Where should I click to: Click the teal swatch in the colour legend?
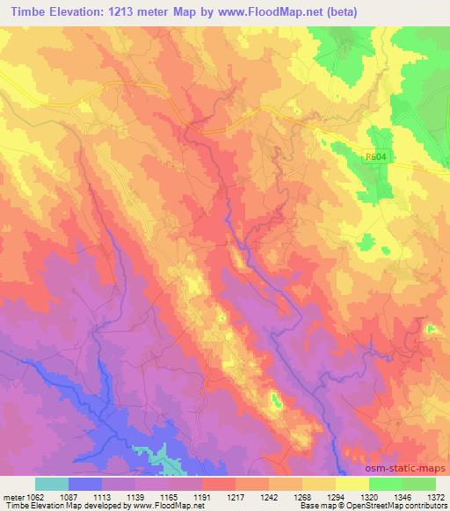(52, 484)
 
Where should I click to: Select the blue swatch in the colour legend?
(85, 484)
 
